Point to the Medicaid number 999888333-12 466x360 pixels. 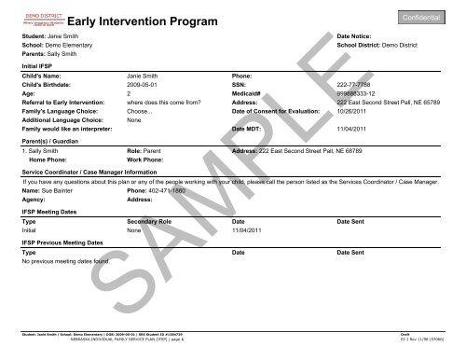click(x=340, y=96)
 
